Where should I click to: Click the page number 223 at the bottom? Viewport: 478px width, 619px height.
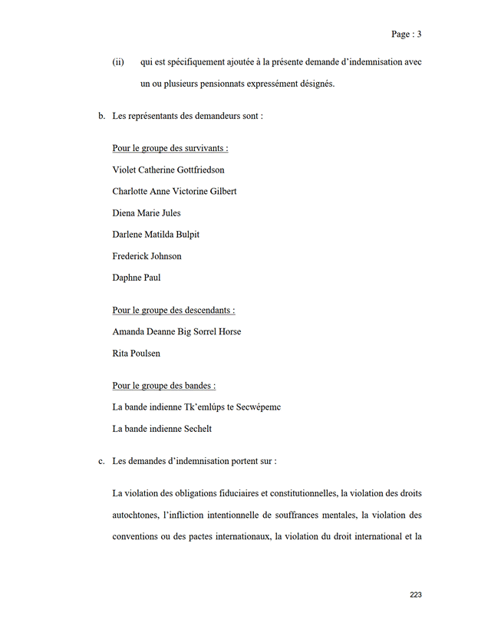click(416, 594)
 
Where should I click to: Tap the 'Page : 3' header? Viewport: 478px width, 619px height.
click(406, 34)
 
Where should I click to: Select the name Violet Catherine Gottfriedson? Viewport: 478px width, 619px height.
click(168, 170)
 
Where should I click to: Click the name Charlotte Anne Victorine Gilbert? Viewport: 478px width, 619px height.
click(174, 192)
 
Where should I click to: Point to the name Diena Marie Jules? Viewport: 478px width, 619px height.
click(147, 213)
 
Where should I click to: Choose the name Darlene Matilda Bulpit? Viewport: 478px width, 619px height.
click(156, 235)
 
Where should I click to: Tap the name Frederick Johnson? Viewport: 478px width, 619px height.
click(147, 256)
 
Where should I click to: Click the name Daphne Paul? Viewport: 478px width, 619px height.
click(136, 278)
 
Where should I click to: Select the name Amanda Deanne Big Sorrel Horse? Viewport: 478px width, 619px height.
click(176, 332)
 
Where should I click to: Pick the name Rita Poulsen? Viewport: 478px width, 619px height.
click(136, 354)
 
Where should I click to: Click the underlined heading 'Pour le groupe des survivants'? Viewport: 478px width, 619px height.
click(170, 149)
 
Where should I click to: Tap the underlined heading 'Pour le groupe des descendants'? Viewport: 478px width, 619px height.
click(173, 311)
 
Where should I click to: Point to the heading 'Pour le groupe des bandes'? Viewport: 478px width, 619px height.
click(163, 386)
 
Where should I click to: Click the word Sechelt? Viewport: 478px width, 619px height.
click(195, 429)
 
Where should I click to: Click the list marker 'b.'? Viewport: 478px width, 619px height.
click(101, 117)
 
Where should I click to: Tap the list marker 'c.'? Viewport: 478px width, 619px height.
click(101, 462)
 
